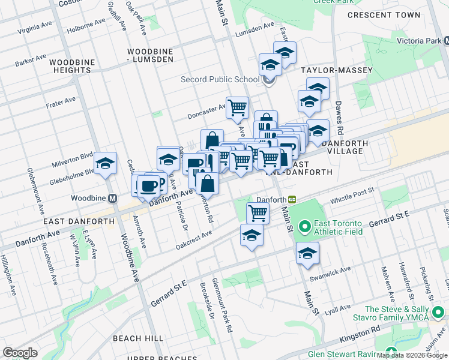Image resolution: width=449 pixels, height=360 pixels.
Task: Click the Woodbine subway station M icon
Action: point(112,198)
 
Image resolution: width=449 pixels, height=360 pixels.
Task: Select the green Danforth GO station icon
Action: point(292,199)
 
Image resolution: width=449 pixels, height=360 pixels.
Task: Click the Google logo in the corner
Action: point(20,353)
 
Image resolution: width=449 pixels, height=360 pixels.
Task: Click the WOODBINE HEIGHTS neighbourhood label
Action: point(70,66)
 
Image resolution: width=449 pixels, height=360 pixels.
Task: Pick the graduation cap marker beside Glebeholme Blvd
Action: point(105,163)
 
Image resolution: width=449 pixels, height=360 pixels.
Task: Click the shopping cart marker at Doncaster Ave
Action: point(238,107)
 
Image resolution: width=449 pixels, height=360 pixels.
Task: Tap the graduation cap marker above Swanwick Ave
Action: point(307,253)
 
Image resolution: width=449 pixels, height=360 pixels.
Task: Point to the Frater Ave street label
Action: point(61,102)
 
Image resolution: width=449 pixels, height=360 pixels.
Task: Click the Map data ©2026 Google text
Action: point(412,355)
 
